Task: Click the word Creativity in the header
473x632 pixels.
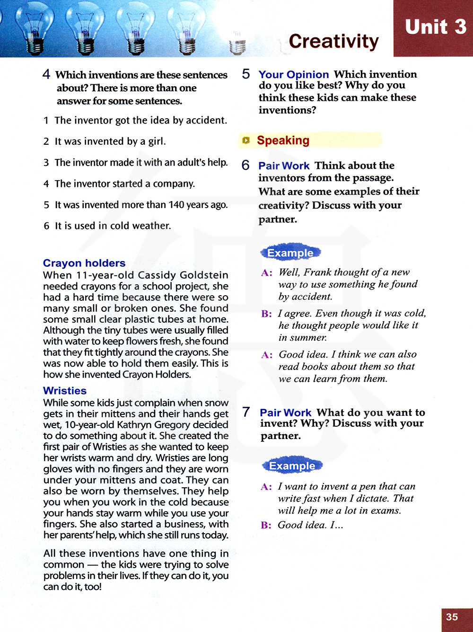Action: point(333,42)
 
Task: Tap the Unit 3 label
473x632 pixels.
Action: point(435,27)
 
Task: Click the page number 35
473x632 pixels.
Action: point(452,617)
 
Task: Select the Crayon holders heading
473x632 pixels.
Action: point(84,263)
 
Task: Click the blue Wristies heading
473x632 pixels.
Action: point(65,391)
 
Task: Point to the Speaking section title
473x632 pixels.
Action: point(283,140)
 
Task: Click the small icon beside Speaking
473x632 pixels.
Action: point(246,140)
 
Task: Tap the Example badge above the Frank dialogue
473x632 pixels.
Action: point(290,253)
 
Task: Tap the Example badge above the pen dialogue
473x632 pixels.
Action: point(292,466)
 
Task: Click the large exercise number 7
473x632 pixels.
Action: point(246,412)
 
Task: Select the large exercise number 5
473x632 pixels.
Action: point(246,74)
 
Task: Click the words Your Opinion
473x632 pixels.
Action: point(293,75)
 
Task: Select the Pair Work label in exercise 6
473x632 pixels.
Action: point(284,166)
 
